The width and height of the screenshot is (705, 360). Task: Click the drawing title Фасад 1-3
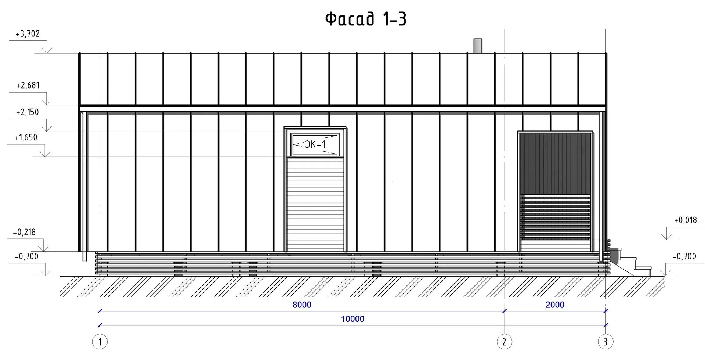point(366,19)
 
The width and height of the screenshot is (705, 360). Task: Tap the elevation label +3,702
point(28,34)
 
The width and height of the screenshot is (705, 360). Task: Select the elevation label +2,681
point(28,86)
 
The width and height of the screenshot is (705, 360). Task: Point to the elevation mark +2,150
point(27,112)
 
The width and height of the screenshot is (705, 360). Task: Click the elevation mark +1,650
point(26,138)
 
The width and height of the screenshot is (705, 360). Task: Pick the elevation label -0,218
point(24,232)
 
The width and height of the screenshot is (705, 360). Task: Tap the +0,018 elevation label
point(685,220)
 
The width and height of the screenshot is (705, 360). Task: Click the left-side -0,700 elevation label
point(26,256)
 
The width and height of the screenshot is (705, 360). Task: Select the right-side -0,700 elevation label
point(684,256)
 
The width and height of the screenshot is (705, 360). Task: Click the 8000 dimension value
point(302,305)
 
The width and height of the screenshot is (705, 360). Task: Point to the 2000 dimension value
point(555,305)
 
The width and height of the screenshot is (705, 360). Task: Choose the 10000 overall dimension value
point(352,319)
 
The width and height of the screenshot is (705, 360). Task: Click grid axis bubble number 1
point(100,342)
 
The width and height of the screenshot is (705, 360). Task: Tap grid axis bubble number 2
point(505,342)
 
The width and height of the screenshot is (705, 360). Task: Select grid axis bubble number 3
point(605,342)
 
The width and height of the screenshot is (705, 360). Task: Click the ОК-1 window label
point(315,145)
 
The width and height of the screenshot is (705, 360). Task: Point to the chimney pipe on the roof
point(478,46)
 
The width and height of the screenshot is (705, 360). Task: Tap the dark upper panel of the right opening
point(555,163)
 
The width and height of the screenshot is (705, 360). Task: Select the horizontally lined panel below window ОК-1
point(315,204)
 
